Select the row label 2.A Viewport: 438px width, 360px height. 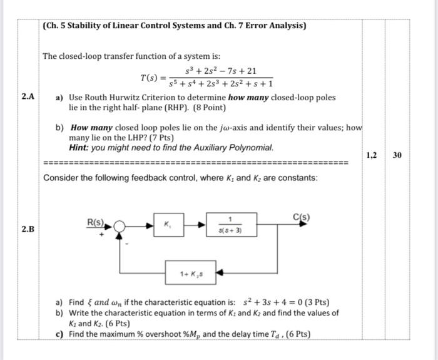pyautogui.click(x=28, y=96)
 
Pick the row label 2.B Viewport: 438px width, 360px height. pyautogui.click(x=28, y=229)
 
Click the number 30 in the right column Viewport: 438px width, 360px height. pyautogui.click(x=397, y=155)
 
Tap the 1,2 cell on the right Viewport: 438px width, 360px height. pyautogui.click(x=372, y=155)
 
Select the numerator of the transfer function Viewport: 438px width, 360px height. pyautogui.click(x=221, y=71)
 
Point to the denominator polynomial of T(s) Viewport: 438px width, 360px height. pyautogui.click(x=220, y=85)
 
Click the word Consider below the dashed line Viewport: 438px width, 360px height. pyautogui.click(x=61, y=178)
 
